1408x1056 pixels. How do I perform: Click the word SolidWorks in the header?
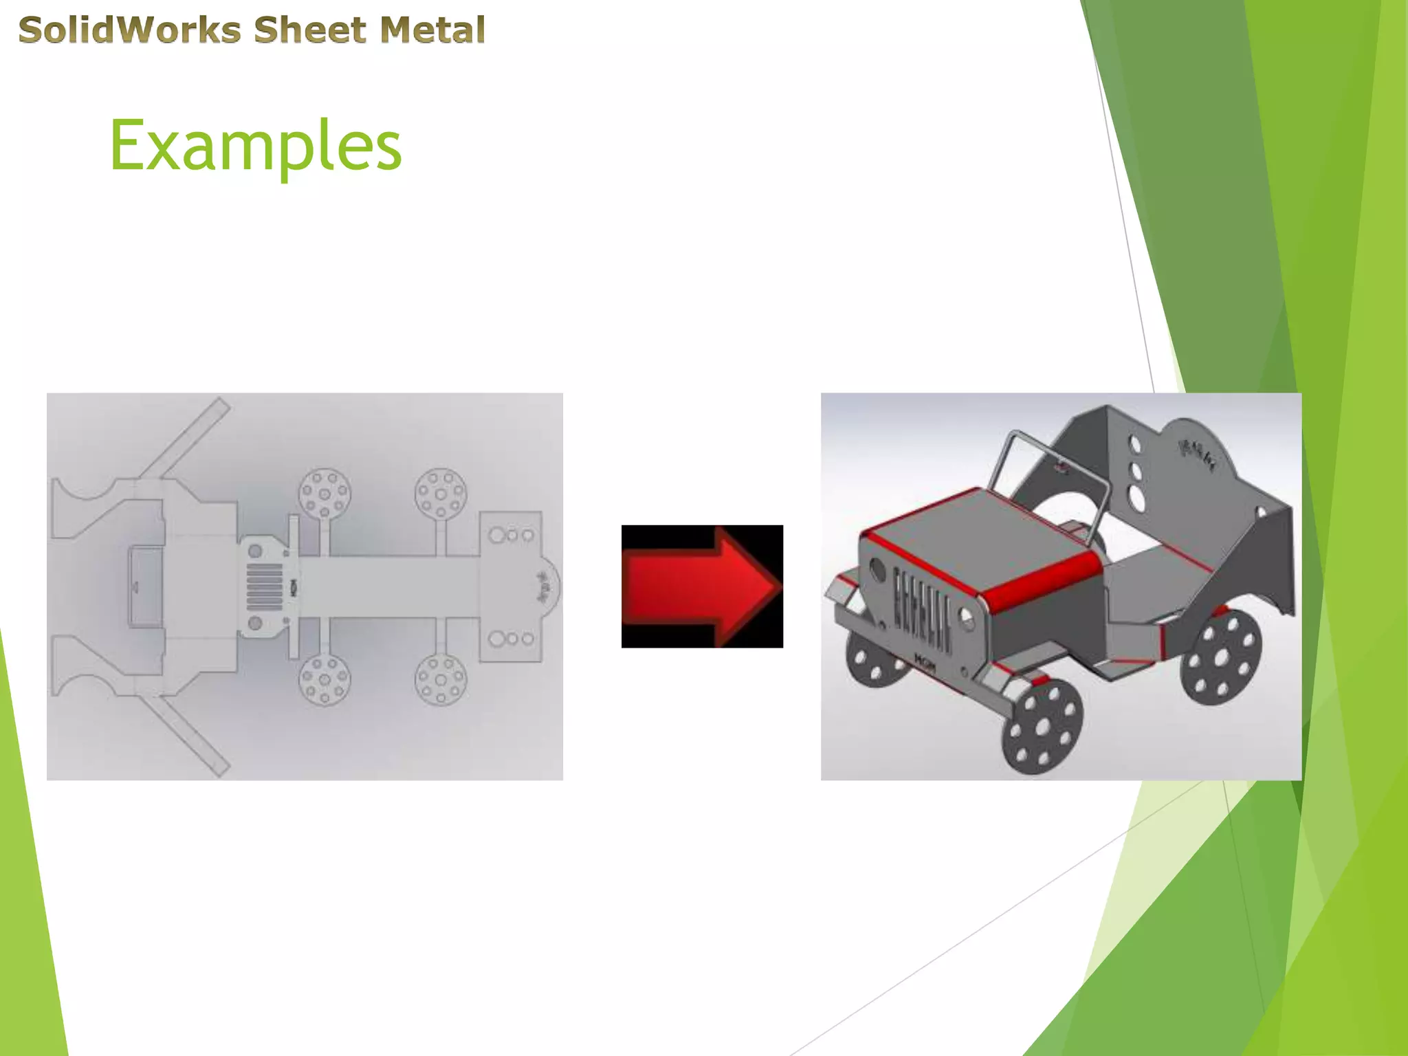pyautogui.click(x=130, y=30)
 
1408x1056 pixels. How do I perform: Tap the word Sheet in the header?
pyautogui.click(x=310, y=30)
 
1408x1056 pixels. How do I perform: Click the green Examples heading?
pyautogui.click(x=255, y=146)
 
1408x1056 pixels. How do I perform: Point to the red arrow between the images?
pyautogui.click(x=702, y=586)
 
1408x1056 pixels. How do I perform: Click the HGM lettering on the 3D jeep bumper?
pyautogui.click(x=925, y=661)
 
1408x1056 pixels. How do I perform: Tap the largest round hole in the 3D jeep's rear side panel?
pyautogui.click(x=1138, y=500)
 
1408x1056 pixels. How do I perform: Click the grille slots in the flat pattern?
pyautogui.click(x=264, y=586)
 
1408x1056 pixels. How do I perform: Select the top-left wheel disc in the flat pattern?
pyautogui.click(x=324, y=494)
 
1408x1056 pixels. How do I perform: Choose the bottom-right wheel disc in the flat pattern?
pyautogui.click(x=441, y=679)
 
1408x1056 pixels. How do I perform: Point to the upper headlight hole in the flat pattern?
pyautogui.click(x=255, y=551)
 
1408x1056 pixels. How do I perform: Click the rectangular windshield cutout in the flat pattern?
pyautogui.click(x=146, y=586)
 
